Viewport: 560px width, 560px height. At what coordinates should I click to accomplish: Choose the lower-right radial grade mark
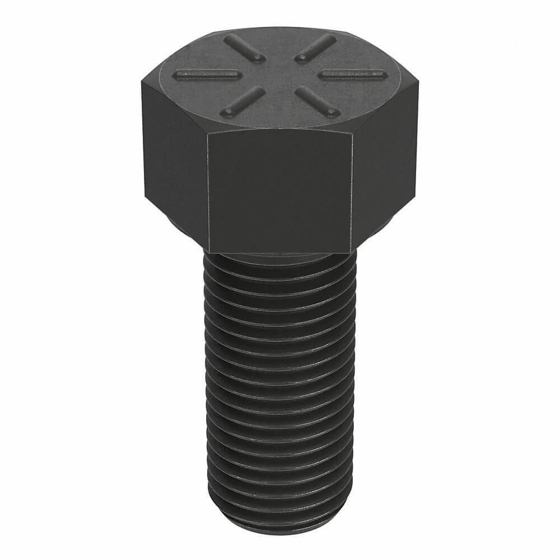[317, 101]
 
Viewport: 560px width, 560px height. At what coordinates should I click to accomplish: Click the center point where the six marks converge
[279, 74]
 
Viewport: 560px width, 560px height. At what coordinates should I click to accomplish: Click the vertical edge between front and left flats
[208, 190]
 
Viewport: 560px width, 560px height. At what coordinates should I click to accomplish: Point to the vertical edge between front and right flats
[353, 190]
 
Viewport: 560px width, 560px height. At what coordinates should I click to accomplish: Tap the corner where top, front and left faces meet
[208, 133]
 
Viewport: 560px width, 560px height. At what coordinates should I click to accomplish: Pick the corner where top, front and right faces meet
[353, 133]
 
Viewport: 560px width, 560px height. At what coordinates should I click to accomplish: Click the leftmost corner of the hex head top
[141, 83]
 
